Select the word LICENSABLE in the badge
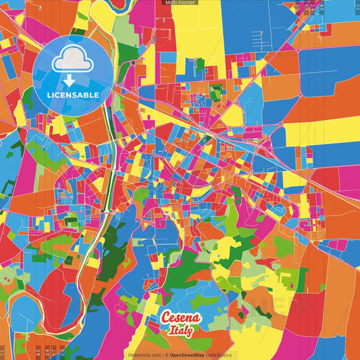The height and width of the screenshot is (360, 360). (x=73, y=95)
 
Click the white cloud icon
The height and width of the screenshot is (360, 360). (x=74, y=59)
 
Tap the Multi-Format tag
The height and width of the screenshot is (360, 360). (x=179, y=3)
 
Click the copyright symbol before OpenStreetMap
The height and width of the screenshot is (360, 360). (x=166, y=355)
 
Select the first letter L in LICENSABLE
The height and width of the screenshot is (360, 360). (x=49, y=95)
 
